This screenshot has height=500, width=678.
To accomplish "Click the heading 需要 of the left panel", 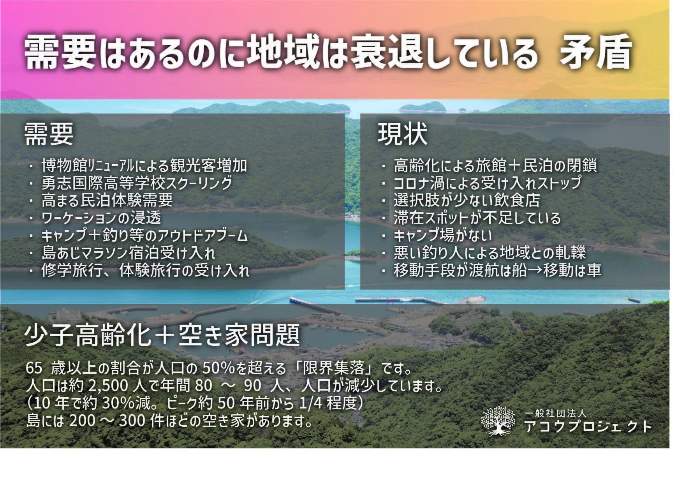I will (49, 135).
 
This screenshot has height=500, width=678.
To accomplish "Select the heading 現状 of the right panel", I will (403, 135).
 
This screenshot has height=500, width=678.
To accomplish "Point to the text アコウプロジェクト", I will (588, 426).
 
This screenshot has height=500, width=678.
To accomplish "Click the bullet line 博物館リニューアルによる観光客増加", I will (144, 165).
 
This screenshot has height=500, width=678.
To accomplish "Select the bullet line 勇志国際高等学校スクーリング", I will (137, 183).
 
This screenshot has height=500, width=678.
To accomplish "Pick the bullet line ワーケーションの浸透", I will (101, 218).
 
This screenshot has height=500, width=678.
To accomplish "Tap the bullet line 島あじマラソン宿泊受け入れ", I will (128, 254).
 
